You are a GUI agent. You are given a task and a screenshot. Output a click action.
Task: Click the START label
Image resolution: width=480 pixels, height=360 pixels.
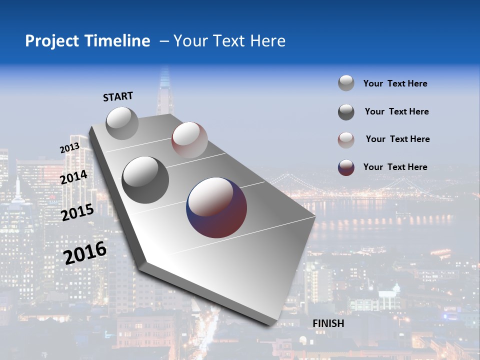[118, 96]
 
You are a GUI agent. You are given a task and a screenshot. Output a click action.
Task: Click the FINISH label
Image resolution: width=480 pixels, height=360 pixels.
[328, 323]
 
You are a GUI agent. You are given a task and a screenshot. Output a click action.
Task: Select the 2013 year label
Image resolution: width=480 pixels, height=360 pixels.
[69, 148]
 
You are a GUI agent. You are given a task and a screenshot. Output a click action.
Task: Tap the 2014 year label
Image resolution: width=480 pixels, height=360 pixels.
[74, 177]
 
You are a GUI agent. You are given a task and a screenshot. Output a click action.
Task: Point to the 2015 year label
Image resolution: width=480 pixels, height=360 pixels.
[77, 212]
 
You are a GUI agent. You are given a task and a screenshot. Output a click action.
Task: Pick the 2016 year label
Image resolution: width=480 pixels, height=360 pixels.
[85, 253]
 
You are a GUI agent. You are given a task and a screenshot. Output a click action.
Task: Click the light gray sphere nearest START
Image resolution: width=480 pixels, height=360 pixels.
[122, 123]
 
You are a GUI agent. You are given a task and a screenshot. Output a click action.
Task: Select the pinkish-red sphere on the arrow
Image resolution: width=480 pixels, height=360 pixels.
[189, 140]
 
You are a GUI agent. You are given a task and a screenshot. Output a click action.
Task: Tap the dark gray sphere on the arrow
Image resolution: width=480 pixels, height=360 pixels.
[145, 180]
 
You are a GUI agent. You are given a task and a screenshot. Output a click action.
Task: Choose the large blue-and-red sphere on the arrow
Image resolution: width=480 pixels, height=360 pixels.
[216, 207]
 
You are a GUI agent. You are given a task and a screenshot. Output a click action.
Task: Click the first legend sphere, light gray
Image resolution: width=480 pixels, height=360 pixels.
[346, 83]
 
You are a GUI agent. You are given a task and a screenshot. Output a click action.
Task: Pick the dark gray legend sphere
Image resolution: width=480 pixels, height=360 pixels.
[346, 112]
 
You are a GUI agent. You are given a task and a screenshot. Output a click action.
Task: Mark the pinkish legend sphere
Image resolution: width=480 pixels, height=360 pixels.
[346, 140]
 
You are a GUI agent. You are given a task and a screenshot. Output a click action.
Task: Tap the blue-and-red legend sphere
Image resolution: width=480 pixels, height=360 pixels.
[346, 167]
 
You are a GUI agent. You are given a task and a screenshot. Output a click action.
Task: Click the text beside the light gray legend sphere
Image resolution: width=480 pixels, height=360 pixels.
[395, 83]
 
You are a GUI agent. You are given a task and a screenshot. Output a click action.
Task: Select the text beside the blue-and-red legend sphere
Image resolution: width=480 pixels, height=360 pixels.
[395, 167]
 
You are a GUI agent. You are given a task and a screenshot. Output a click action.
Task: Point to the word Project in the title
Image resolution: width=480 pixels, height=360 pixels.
[51, 41]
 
